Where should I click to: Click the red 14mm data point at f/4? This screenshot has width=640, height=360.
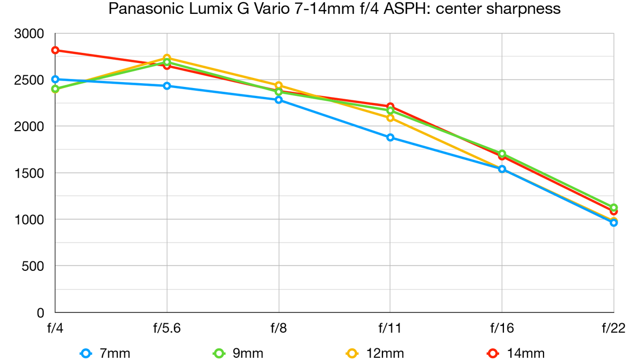click(x=55, y=50)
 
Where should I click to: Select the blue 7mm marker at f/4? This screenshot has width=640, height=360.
click(x=55, y=79)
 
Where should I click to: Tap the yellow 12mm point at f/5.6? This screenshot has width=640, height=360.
click(x=167, y=58)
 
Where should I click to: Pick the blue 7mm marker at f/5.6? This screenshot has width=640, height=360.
click(x=167, y=86)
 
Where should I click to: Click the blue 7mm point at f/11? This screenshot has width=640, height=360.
click(x=390, y=137)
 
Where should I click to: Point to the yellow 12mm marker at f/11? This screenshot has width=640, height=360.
click(x=390, y=118)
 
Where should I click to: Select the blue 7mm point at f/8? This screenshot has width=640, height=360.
click(x=278, y=100)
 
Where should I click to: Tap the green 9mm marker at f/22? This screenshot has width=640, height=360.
click(x=614, y=207)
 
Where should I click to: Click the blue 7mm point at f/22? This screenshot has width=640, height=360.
click(x=614, y=222)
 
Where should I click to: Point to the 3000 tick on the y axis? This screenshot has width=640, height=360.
click(x=29, y=34)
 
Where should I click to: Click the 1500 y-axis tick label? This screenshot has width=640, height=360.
click(x=29, y=173)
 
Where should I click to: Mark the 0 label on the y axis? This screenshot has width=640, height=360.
click(x=41, y=313)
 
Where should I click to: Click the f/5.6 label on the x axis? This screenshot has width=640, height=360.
click(x=167, y=328)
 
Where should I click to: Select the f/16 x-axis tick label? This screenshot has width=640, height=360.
click(x=502, y=328)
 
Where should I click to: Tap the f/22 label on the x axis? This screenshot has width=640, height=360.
click(x=614, y=328)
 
